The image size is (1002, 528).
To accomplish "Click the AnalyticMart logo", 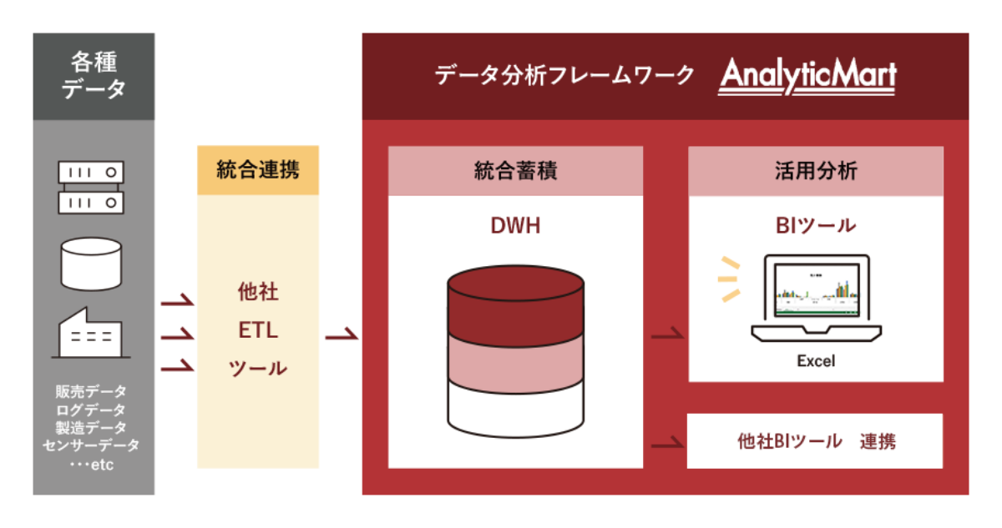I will (807, 77).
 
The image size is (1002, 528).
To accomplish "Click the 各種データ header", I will (94, 76).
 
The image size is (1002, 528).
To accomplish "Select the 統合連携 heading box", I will (257, 171).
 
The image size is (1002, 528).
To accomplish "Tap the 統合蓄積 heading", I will (515, 171).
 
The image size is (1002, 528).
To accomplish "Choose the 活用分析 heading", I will (815, 171).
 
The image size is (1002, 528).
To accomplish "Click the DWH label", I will (515, 225).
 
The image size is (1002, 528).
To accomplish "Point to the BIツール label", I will (815, 225).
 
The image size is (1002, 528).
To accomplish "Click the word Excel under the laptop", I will (815, 361).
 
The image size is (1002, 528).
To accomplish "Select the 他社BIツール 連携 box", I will (815, 441).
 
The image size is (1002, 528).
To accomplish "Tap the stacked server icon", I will (90, 188).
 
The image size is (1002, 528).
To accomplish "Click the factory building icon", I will (90, 334).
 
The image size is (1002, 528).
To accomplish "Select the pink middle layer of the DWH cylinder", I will (514, 359).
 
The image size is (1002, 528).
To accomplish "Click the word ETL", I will (257, 330).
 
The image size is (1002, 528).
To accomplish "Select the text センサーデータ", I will (92, 445).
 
